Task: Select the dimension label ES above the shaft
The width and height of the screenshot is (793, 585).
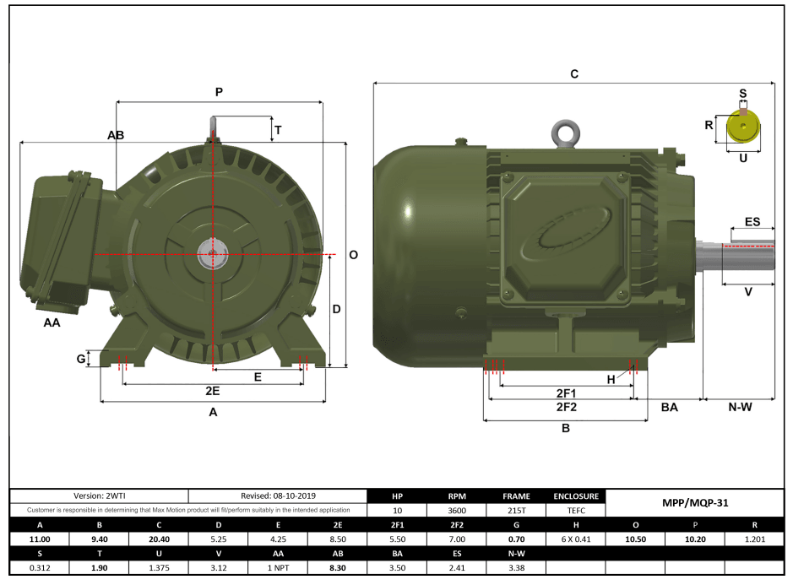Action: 752,222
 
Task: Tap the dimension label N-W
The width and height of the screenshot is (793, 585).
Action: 740,407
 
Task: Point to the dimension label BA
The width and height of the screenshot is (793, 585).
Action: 669,407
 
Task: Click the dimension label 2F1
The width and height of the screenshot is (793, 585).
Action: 566,393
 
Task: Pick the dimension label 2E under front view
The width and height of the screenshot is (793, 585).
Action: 213,392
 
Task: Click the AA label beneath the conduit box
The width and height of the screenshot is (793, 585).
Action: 52,322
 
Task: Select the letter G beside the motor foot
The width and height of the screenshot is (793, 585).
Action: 81,359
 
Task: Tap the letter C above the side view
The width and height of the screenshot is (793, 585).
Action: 574,74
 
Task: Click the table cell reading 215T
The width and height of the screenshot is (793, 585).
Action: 516,510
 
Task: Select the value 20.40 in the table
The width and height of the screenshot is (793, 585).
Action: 159,539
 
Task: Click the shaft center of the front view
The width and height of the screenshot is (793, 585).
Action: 213,252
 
